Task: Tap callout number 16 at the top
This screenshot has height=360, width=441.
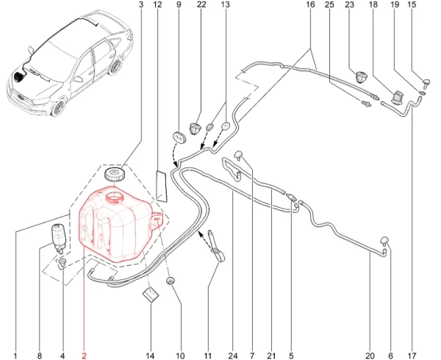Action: click(310, 5)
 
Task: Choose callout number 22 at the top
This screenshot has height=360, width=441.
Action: click(202, 5)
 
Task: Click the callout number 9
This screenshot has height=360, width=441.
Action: click(179, 5)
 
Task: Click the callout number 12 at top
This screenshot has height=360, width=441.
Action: click(157, 5)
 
